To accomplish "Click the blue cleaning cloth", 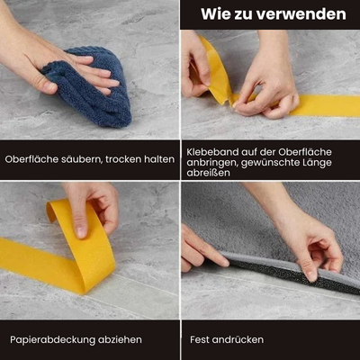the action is pos(90,87).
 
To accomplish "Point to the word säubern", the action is pos(81,159).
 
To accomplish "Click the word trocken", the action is pos(123,159).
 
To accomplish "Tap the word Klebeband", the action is pos(211,152).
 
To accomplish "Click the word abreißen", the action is pos(208,173).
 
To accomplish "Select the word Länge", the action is pos(317,162).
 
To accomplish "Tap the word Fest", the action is pos(199,339).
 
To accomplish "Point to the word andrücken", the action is pos(238,339).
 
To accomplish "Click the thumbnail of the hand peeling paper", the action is pos(89,251).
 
